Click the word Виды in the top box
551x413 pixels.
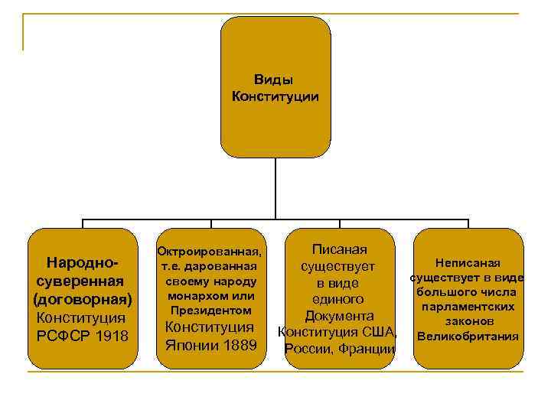(275, 80)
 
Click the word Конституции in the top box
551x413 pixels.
(275, 96)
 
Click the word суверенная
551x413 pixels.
(83, 281)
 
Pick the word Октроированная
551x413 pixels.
(209, 252)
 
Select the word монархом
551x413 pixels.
(200, 296)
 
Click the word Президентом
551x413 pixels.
(209, 311)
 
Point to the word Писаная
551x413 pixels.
(339, 249)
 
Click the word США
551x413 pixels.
(380, 332)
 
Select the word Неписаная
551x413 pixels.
(467, 263)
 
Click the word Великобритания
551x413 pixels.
(468, 336)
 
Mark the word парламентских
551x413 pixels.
(468, 307)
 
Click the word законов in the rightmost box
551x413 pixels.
(468, 321)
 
